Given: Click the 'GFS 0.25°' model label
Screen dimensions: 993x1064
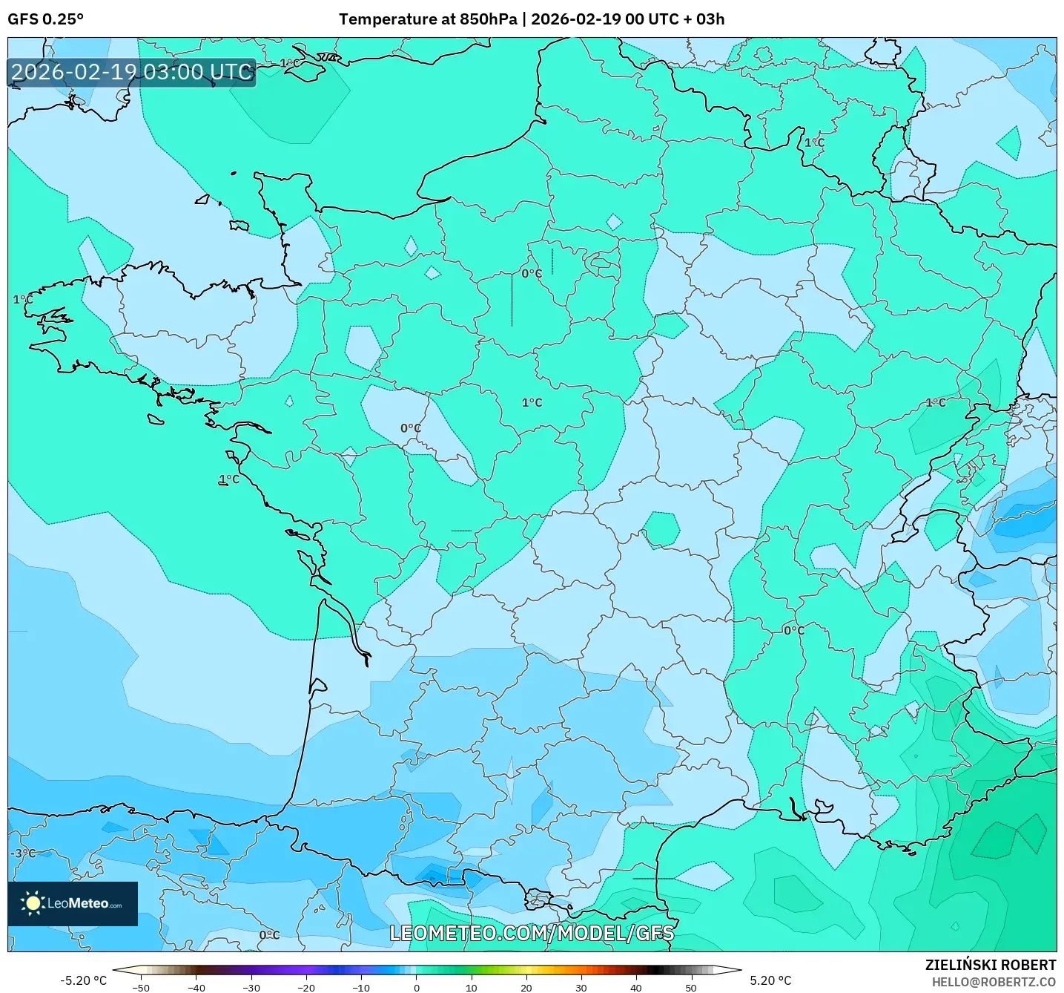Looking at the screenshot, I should coord(45,19).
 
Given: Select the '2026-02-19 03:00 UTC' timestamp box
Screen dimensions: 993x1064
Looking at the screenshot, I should coord(132,73).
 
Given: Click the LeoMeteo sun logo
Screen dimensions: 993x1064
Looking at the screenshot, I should coord(33,903).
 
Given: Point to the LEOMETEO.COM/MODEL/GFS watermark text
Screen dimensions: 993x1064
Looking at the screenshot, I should coord(532,933).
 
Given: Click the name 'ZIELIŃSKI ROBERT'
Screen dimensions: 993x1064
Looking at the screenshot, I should coord(990,965).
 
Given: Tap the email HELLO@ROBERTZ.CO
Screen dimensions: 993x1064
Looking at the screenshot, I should coord(994,982).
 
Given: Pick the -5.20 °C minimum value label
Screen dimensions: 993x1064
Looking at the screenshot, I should coord(83,980).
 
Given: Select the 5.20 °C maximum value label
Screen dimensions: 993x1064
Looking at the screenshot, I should coord(770,980).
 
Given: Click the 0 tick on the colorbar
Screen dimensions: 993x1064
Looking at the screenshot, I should coord(416,987).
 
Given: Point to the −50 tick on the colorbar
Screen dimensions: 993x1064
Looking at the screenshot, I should coord(140,987).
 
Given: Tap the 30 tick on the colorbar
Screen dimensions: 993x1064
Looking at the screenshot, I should coord(581,987).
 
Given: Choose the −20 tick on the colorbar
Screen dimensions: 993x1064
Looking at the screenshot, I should coord(305,987).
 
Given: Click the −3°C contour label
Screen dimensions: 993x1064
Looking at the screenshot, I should coord(22,853).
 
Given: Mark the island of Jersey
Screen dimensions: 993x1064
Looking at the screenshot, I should coord(239,225).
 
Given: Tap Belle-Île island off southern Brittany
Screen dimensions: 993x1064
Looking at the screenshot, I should coord(155,419).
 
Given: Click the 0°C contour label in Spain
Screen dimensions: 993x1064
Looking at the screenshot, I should coord(269,935).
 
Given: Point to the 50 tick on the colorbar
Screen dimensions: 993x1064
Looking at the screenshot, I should coord(690,987).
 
